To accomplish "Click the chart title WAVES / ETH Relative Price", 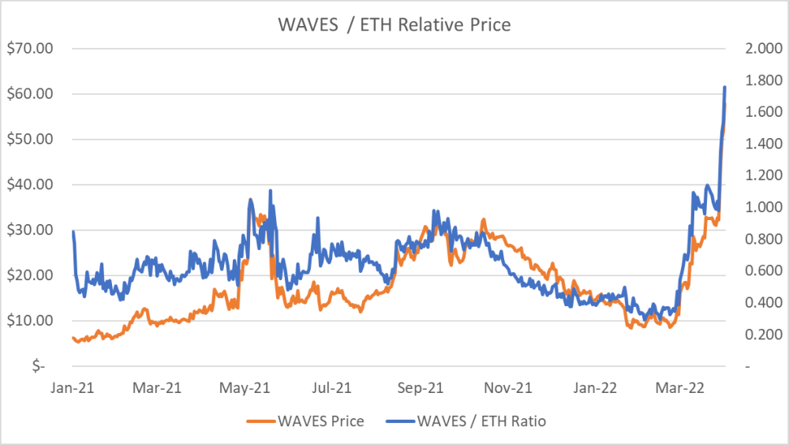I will [x=394, y=24].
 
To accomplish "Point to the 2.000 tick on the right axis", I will [x=761, y=49].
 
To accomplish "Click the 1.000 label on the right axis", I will [x=761, y=208].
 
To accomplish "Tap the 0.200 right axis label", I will [x=761, y=335].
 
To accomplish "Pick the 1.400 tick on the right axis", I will [x=761, y=144].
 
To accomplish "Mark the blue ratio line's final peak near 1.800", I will [x=725, y=87].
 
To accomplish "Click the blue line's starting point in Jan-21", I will [x=73, y=231].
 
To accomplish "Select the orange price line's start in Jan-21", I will [x=73, y=338].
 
